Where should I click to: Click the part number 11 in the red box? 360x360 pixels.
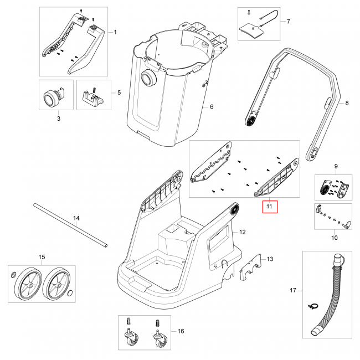[x=270, y=207]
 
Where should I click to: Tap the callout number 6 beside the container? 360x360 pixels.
[x=211, y=106]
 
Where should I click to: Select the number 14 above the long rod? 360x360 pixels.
[x=77, y=219]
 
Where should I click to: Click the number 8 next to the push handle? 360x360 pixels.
[x=347, y=103]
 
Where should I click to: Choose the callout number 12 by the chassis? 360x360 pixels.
[x=242, y=231]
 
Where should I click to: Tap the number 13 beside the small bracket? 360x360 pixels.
[x=270, y=259]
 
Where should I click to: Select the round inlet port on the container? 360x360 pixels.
[x=148, y=79]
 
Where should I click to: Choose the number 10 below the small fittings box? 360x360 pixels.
[x=334, y=238]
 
